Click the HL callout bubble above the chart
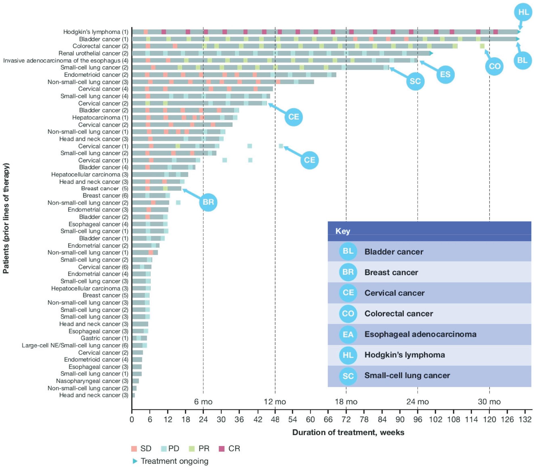523,12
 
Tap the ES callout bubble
445,74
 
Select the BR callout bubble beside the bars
208,202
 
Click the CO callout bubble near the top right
494,66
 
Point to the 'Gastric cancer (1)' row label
104,338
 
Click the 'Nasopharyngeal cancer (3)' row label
92,381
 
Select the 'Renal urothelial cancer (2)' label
93,53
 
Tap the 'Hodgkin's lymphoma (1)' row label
96,32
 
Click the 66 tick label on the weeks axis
328,419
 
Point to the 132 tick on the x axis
525,419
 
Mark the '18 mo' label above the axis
346,402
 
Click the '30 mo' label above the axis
489,402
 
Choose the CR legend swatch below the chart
222,449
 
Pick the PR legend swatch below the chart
192,449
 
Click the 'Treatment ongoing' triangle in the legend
135,461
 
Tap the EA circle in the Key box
348,334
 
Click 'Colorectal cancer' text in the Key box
398,314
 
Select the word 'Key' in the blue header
342,231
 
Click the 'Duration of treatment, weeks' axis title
348,432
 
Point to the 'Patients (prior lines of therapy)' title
6,218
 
